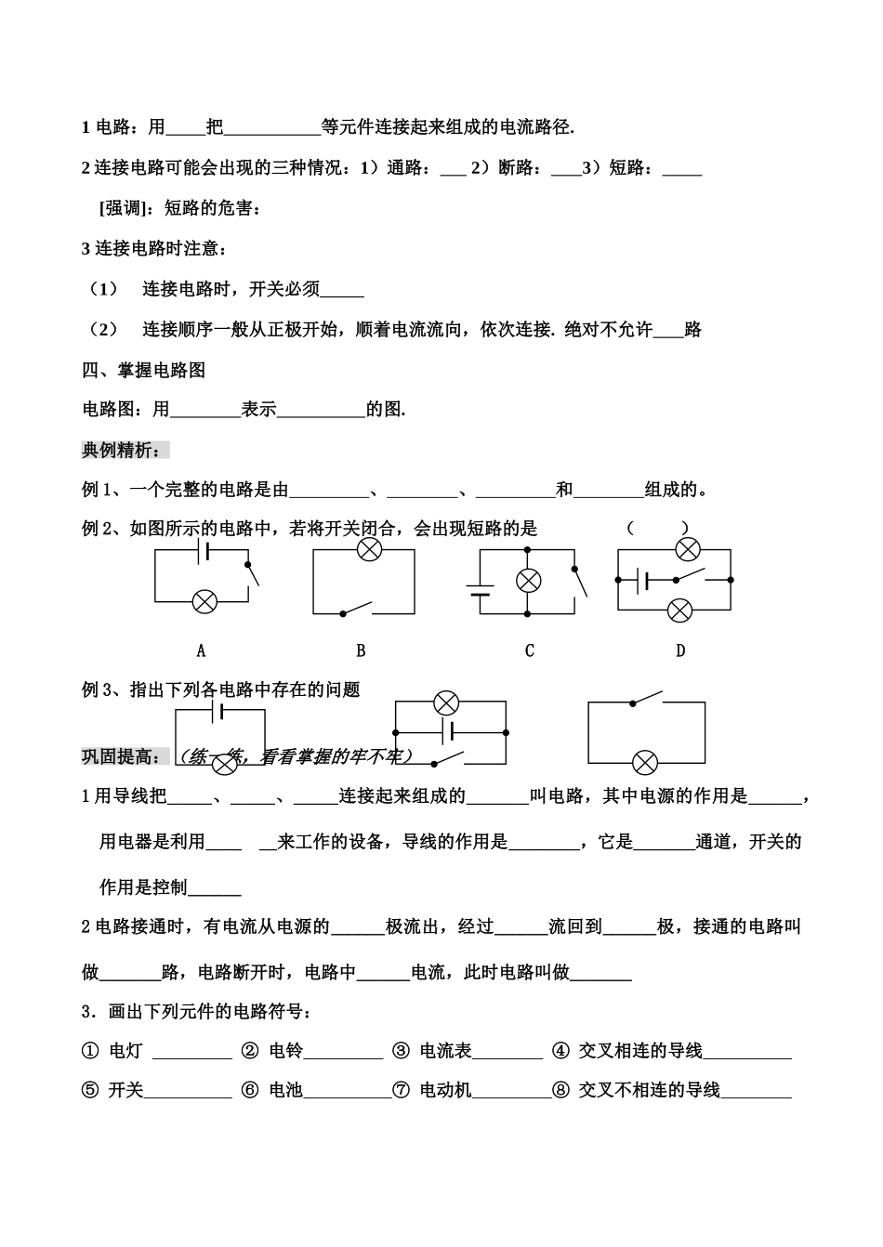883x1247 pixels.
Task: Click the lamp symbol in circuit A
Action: coord(204,601)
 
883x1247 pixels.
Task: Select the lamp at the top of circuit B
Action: coord(369,550)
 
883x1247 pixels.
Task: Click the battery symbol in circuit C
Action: coord(480,589)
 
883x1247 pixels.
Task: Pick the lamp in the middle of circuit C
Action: coord(528,581)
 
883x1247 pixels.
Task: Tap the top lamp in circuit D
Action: coord(687,549)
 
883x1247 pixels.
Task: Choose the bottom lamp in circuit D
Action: coord(680,610)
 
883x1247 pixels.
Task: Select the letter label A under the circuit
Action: coord(201,651)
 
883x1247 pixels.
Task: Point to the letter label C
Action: coord(529,651)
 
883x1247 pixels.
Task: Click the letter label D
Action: coord(679,651)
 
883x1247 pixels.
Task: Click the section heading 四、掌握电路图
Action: coord(144,370)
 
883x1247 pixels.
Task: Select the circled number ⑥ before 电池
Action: coord(249,1090)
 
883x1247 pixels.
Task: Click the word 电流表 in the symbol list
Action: coord(445,1051)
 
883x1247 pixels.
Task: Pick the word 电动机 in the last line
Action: coord(445,1090)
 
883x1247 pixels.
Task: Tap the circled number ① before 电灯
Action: coord(90,1051)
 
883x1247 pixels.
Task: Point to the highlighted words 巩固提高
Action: coord(122,756)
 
